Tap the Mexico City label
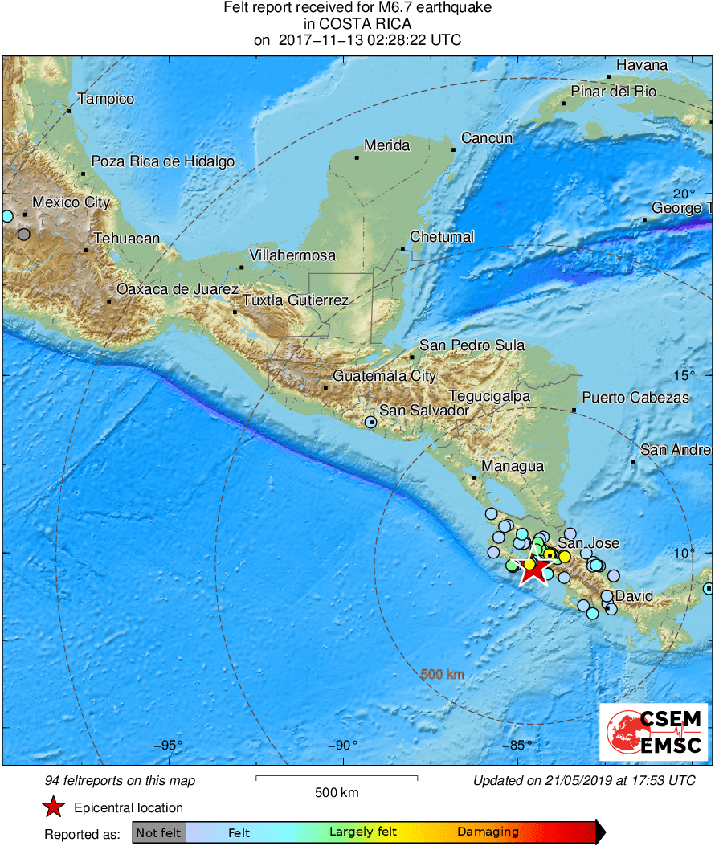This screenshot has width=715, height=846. coord(71,202)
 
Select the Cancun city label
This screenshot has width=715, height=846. coord(487,138)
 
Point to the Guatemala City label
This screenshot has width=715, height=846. coord(385,376)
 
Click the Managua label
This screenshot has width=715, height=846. coord(513,466)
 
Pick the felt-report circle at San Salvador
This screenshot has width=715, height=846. coord(371,422)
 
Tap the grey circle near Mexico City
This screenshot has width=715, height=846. coord(24,235)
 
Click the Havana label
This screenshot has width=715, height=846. coord(642,65)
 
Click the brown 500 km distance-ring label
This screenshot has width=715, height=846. coord(442,675)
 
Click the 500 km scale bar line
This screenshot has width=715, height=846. coord(337,777)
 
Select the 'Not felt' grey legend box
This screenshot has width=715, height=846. coord(158,833)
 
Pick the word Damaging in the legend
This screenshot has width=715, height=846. coord(488,832)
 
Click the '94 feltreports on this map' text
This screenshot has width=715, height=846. coord(120,780)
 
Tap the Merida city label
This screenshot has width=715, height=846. coord(386,145)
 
